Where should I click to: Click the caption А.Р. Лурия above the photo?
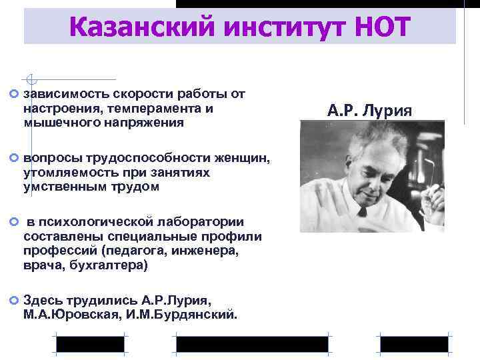(370, 109)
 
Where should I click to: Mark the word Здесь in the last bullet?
(41, 301)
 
